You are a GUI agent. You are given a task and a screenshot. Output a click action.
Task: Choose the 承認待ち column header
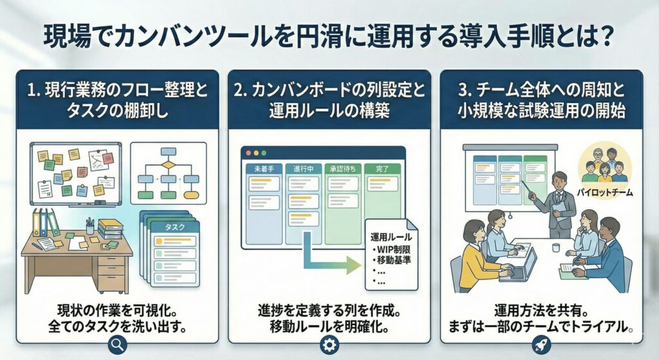pos(342,167)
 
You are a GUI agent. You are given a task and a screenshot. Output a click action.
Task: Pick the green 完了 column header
pos(382,167)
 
